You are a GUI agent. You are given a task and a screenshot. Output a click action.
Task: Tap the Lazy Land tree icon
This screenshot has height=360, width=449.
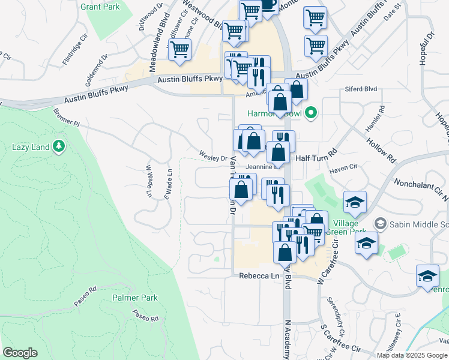[x=59, y=146]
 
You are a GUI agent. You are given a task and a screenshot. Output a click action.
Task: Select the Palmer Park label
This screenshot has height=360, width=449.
[x=134, y=298]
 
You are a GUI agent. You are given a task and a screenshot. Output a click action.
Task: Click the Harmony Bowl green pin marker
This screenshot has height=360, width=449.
[x=310, y=112]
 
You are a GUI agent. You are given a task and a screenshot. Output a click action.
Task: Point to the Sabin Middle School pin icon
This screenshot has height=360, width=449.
[x=380, y=224]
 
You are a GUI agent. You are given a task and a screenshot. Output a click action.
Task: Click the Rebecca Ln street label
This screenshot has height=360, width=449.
[x=260, y=275]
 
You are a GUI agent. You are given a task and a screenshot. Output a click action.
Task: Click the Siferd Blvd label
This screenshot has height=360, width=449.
[x=361, y=89]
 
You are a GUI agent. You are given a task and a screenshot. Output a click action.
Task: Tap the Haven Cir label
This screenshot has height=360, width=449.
[x=343, y=170]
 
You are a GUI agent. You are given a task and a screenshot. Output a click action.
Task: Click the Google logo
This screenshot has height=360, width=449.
[x=20, y=353]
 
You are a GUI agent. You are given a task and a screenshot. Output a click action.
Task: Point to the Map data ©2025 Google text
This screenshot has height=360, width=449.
[x=412, y=355]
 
